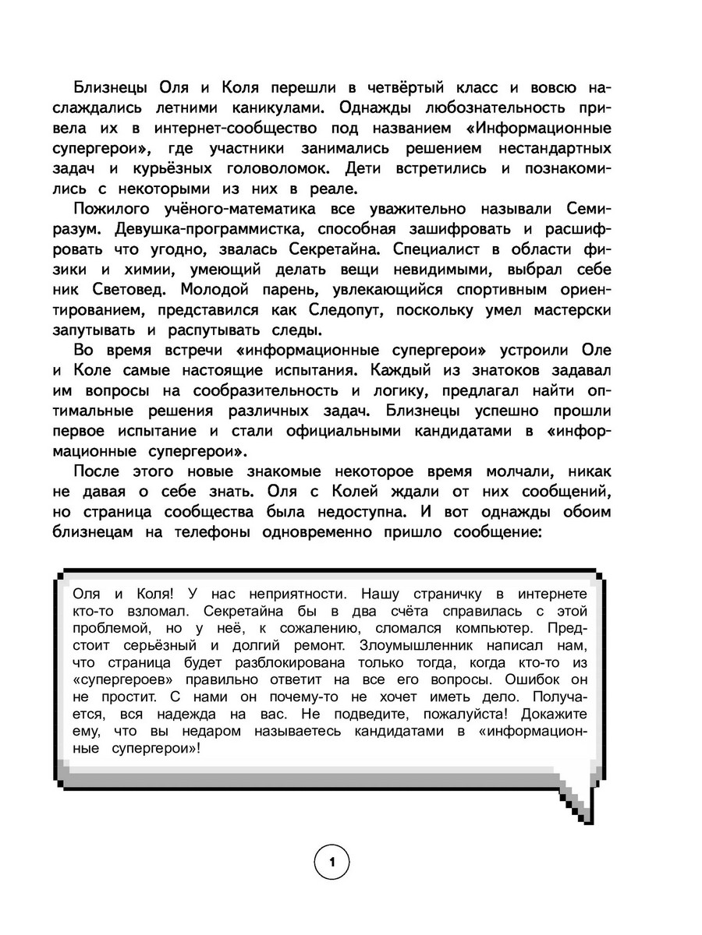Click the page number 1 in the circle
point(332,863)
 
